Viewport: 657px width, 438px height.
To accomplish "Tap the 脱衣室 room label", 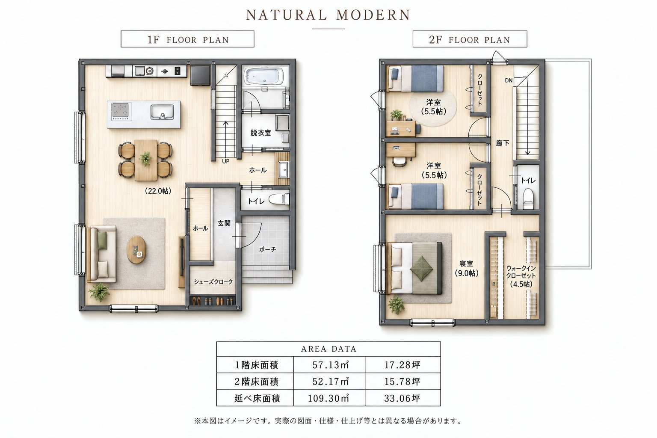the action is [x=260, y=133].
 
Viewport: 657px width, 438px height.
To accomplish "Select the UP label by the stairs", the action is [x=225, y=161].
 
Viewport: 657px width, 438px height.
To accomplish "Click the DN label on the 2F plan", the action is [x=509, y=80].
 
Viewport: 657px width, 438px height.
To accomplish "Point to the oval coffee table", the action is [x=136, y=250].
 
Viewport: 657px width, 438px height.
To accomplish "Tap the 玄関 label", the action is [x=224, y=224].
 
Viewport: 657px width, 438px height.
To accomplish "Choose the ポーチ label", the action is [x=267, y=250].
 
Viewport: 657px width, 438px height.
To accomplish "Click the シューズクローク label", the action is [x=213, y=282].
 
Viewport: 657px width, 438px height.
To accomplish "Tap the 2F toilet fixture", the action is [x=528, y=198].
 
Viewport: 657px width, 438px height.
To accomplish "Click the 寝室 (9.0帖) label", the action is [x=466, y=269].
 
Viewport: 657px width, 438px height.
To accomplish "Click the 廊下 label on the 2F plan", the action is [x=503, y=143].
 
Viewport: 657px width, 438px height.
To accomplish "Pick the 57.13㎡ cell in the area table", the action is [x=329, y=365].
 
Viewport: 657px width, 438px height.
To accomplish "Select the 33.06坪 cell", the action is [x=402, y=398].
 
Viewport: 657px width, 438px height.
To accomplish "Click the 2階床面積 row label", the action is [x=255, y=382].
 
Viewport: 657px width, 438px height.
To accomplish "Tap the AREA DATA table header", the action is [x=328, y=349].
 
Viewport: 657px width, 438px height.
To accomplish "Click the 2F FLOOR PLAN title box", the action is [x=470, y=39].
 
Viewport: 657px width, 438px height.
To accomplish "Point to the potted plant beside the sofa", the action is [x=100, y=292].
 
